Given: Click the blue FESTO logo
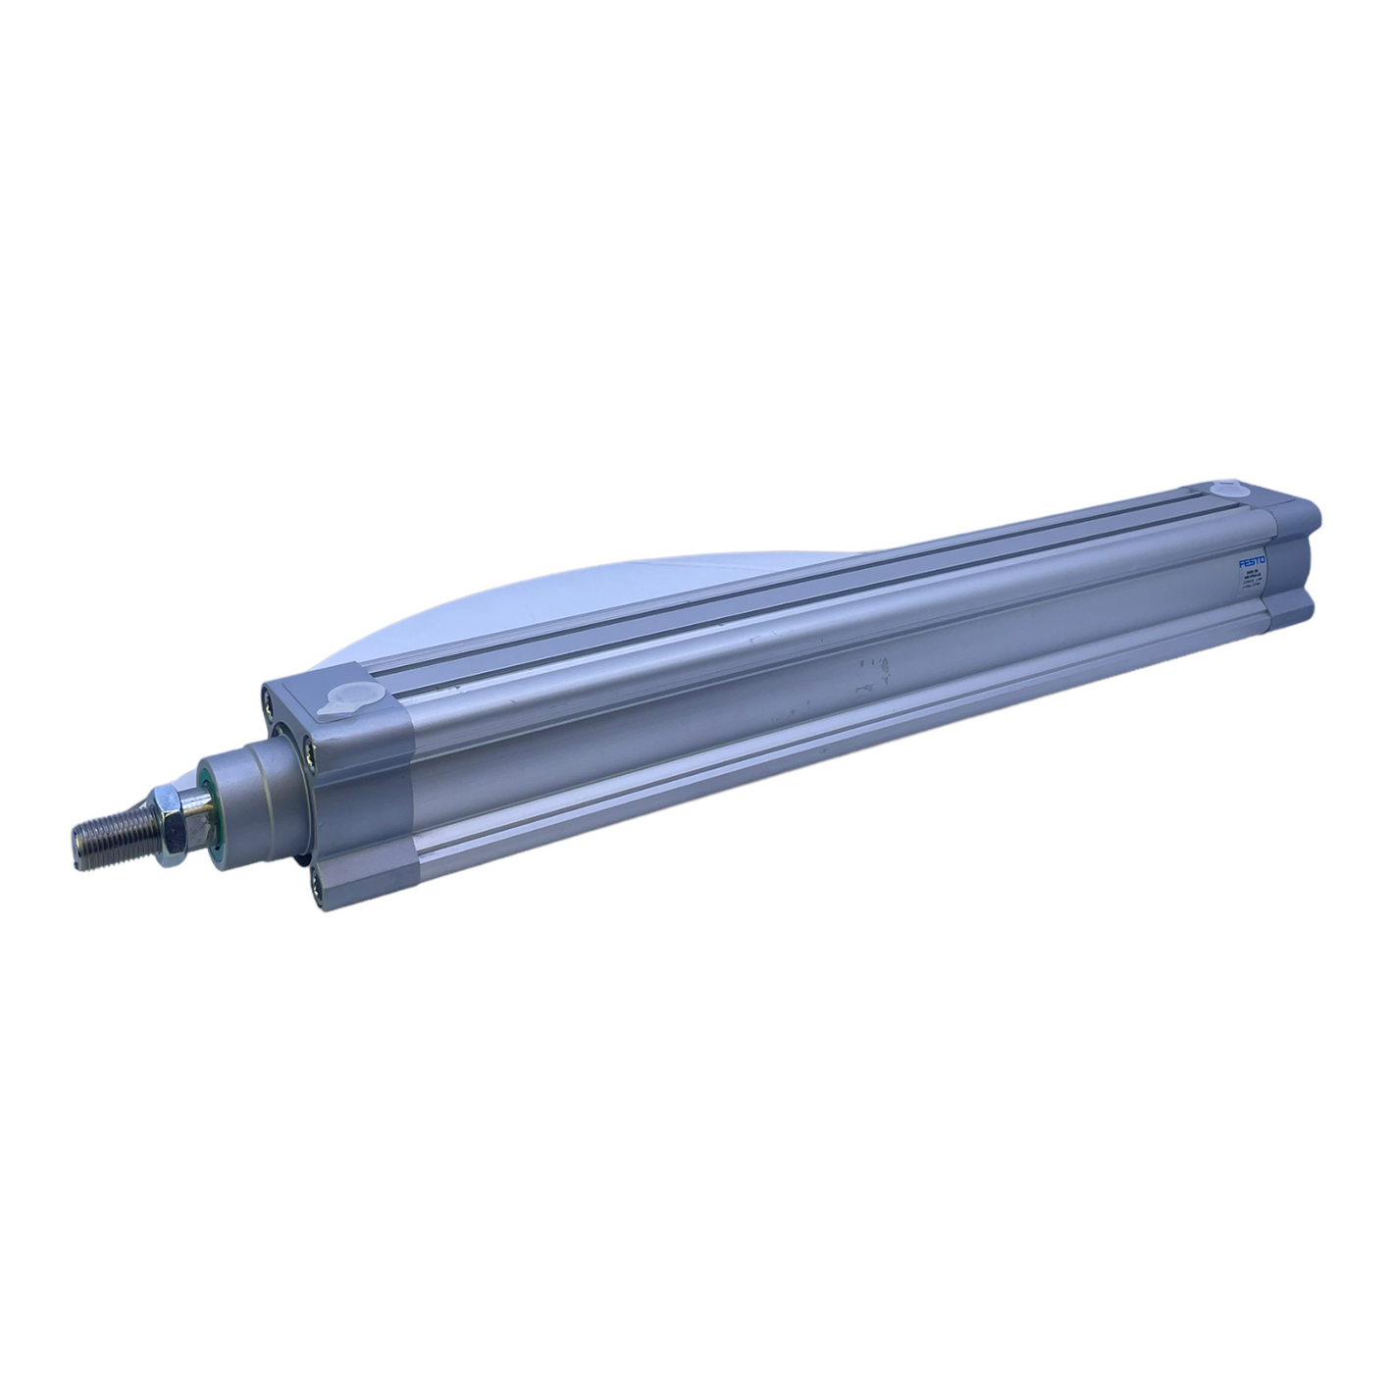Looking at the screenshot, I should pos(1253,562).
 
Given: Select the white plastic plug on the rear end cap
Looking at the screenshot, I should pos(1226,490).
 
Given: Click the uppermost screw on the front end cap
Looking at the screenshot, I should pos(268,698).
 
